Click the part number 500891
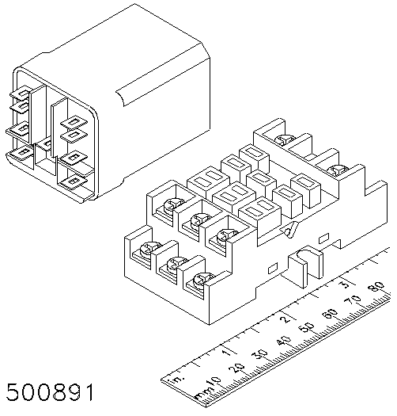coord(50,392)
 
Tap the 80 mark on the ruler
coord(377,286)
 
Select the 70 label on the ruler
coord(353,300)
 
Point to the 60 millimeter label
coord(330,313)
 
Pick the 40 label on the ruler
coord(284,341)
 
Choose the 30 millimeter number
coord(261,354)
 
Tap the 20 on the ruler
coord(237,368)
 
